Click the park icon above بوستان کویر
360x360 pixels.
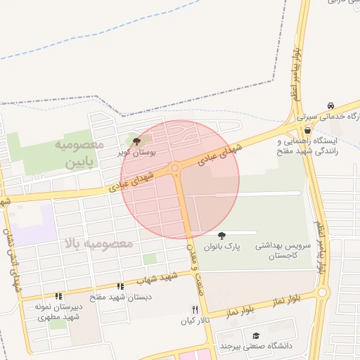[x=127, y=141]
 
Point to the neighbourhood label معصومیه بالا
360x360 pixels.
[x=98, y=243]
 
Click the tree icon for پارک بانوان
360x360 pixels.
[x=222, y=236]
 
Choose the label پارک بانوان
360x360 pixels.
[x=222, y=247]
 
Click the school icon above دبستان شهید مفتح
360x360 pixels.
[x=121, y=287]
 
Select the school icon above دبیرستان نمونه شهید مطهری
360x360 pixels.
[x=59, y=297]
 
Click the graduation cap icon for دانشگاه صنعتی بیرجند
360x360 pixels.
[x=256, y=335]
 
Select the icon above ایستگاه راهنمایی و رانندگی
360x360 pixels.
[x=307, y=131]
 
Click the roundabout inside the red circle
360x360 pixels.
[x=174, y=168]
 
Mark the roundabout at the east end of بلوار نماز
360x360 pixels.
[x=322, y=292]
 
